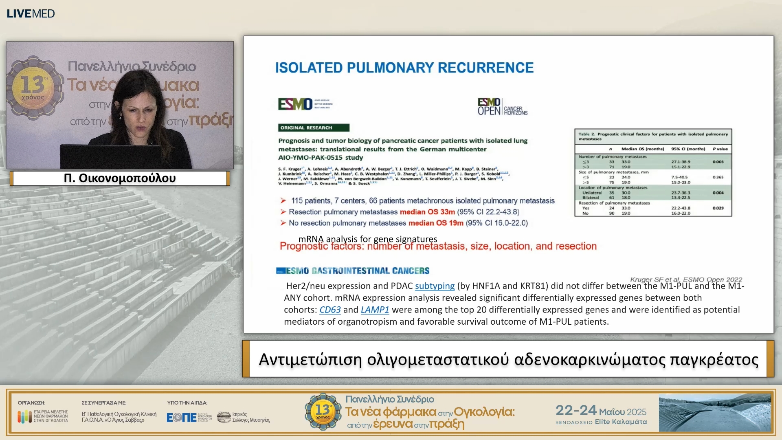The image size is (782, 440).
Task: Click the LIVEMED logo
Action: click(x=31, y=13)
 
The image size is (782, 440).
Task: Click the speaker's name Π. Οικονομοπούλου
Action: click(x=120, y=178)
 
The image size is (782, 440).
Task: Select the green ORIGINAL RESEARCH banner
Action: click(x=314, y=128)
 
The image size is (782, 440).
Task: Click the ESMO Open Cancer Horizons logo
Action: click(x=502, y=107)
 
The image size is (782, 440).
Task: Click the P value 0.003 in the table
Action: click(x=718, y=162)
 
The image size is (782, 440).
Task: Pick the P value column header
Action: click(x=720, y=149)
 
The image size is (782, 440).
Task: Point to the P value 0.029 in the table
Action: click(x=718, y=208)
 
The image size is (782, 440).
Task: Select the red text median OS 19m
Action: click(x=435, y=223)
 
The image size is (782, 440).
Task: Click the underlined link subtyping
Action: click(x=435, y=286)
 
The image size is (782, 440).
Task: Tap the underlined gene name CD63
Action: click(x=330, y=310)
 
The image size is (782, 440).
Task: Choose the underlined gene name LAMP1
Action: click(x=375, y=310)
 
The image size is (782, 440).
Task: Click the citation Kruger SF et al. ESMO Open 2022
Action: click(x=686, y=279)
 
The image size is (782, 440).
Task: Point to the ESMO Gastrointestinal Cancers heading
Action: click(x=353, y=271)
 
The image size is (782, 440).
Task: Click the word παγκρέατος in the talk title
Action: click(x=714, y=359)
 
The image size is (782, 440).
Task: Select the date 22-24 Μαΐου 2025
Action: click(x=601, y=410)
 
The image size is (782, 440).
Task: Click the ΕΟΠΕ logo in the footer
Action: click(x=182, y=417)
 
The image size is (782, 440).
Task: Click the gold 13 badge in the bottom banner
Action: click(x=323, y=411)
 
